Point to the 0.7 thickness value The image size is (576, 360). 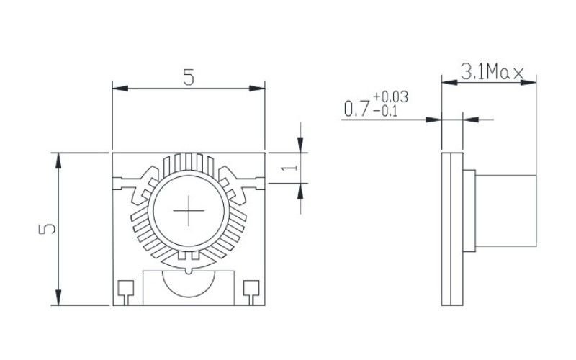(356, 110)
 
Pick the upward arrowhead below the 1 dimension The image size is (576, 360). (300, 189)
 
